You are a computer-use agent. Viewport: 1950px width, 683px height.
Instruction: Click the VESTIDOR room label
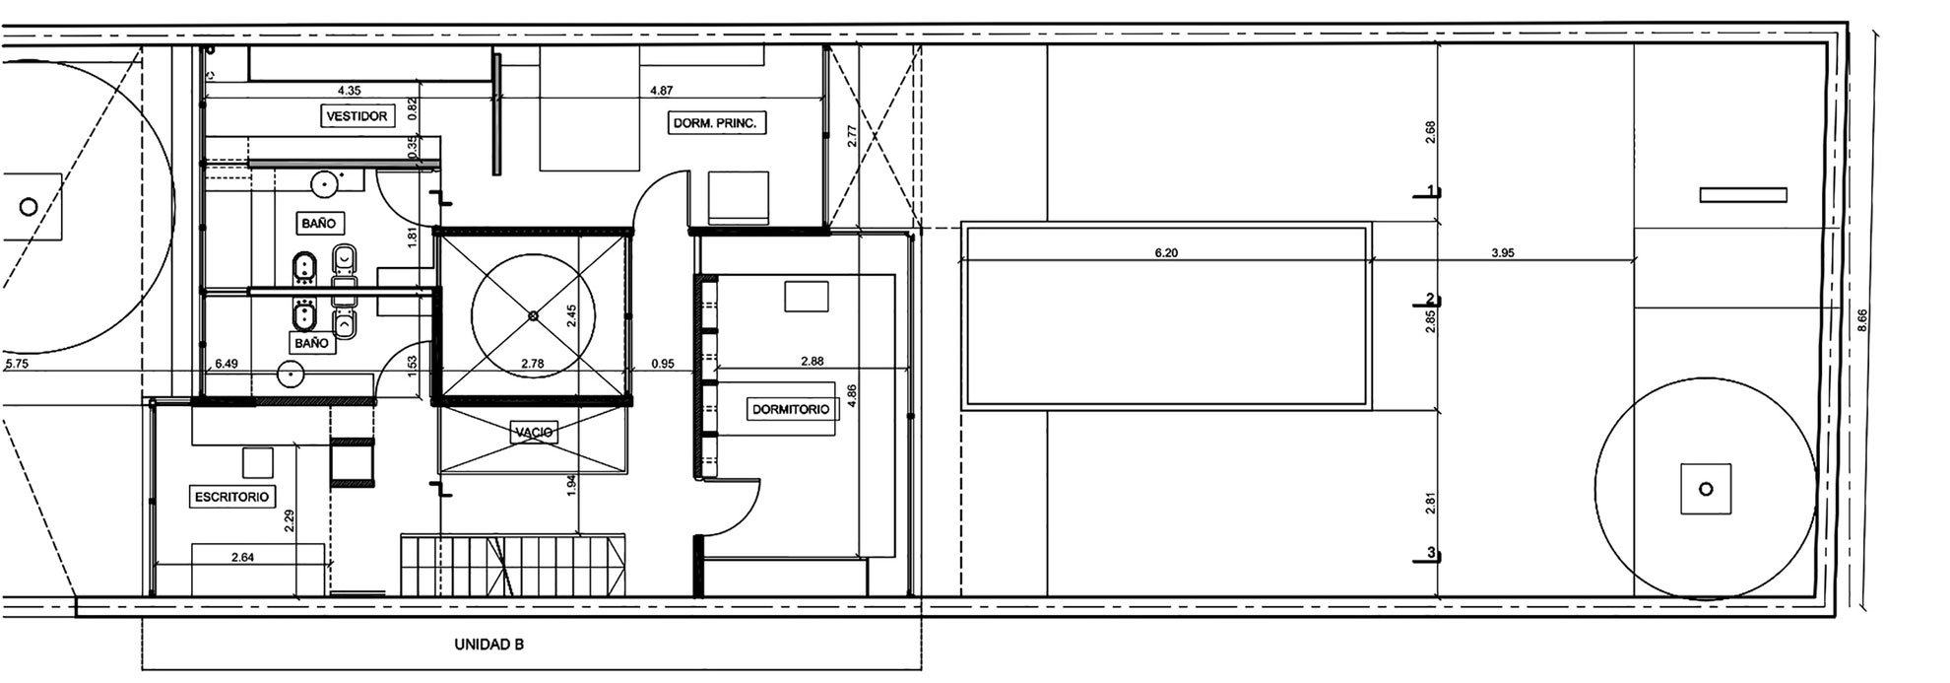point(357,116)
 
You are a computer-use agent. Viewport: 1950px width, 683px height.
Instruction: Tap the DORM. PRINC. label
point(717,124)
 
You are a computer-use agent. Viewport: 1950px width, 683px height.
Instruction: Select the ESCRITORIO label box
point(232,498)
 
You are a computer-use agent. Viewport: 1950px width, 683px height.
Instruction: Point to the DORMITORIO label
point(791,409)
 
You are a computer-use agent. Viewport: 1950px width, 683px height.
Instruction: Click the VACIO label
point(534,432)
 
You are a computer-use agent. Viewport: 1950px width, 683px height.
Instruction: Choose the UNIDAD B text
point(488,646)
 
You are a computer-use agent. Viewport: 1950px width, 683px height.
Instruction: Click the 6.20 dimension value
point(1166,253)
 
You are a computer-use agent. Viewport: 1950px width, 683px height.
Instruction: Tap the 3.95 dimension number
point(1502,253)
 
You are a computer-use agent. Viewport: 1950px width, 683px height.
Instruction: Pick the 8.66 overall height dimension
point(1861,322)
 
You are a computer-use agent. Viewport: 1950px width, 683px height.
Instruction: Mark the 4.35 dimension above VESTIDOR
point(349,91)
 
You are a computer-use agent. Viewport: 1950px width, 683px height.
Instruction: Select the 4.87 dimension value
point(662,91)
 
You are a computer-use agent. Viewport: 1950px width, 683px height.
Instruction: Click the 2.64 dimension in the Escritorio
point(242,558)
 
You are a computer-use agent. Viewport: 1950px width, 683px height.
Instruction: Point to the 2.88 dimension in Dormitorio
point(812,362)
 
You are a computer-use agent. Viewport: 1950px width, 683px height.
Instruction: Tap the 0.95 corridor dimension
point(663,364)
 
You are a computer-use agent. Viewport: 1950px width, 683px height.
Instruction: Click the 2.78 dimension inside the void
point(532,364)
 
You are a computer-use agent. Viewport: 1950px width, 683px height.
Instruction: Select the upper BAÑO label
point(312,224)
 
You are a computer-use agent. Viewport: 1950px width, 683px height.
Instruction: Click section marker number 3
point(1431,554)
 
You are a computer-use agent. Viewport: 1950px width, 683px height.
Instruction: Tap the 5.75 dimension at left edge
point(17,364)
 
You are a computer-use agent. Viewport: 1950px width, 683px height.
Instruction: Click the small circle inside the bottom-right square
point(1707,489)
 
